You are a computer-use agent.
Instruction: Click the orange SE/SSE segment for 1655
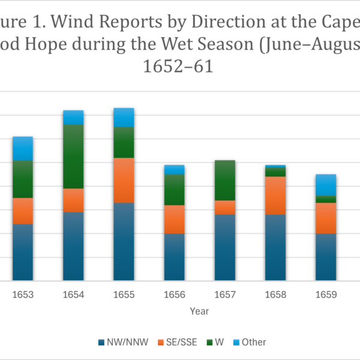coord(124,180)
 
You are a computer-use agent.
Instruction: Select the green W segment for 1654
coord(73,156)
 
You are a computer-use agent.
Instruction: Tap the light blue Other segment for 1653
coord(23,148)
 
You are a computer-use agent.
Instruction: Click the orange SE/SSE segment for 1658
coord(275,195)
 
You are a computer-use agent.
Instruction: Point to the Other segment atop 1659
coord(326,184)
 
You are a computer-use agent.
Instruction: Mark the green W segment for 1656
coord(174,190)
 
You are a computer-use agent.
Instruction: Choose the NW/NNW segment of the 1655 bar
coord(124,241)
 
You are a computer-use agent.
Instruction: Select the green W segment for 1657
coord(224,180)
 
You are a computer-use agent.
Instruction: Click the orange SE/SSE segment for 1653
coord(23,211)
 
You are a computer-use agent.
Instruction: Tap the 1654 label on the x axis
coord(73,295)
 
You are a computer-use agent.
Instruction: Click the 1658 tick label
coord(275,295)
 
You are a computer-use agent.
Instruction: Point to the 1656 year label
coord(174,295)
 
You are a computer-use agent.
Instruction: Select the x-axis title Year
coord(199,312)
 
